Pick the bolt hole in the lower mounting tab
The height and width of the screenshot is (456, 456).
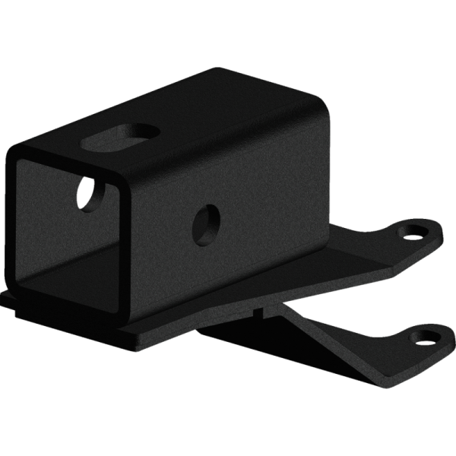coord(426,334)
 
